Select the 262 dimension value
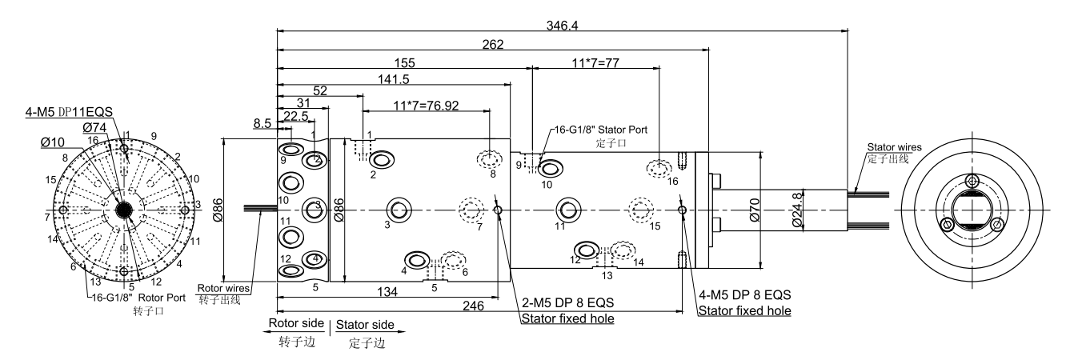492,45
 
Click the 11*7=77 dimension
597,62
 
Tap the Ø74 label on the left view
95,127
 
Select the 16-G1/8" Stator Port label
599,129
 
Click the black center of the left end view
124,210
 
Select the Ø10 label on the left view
54,142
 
